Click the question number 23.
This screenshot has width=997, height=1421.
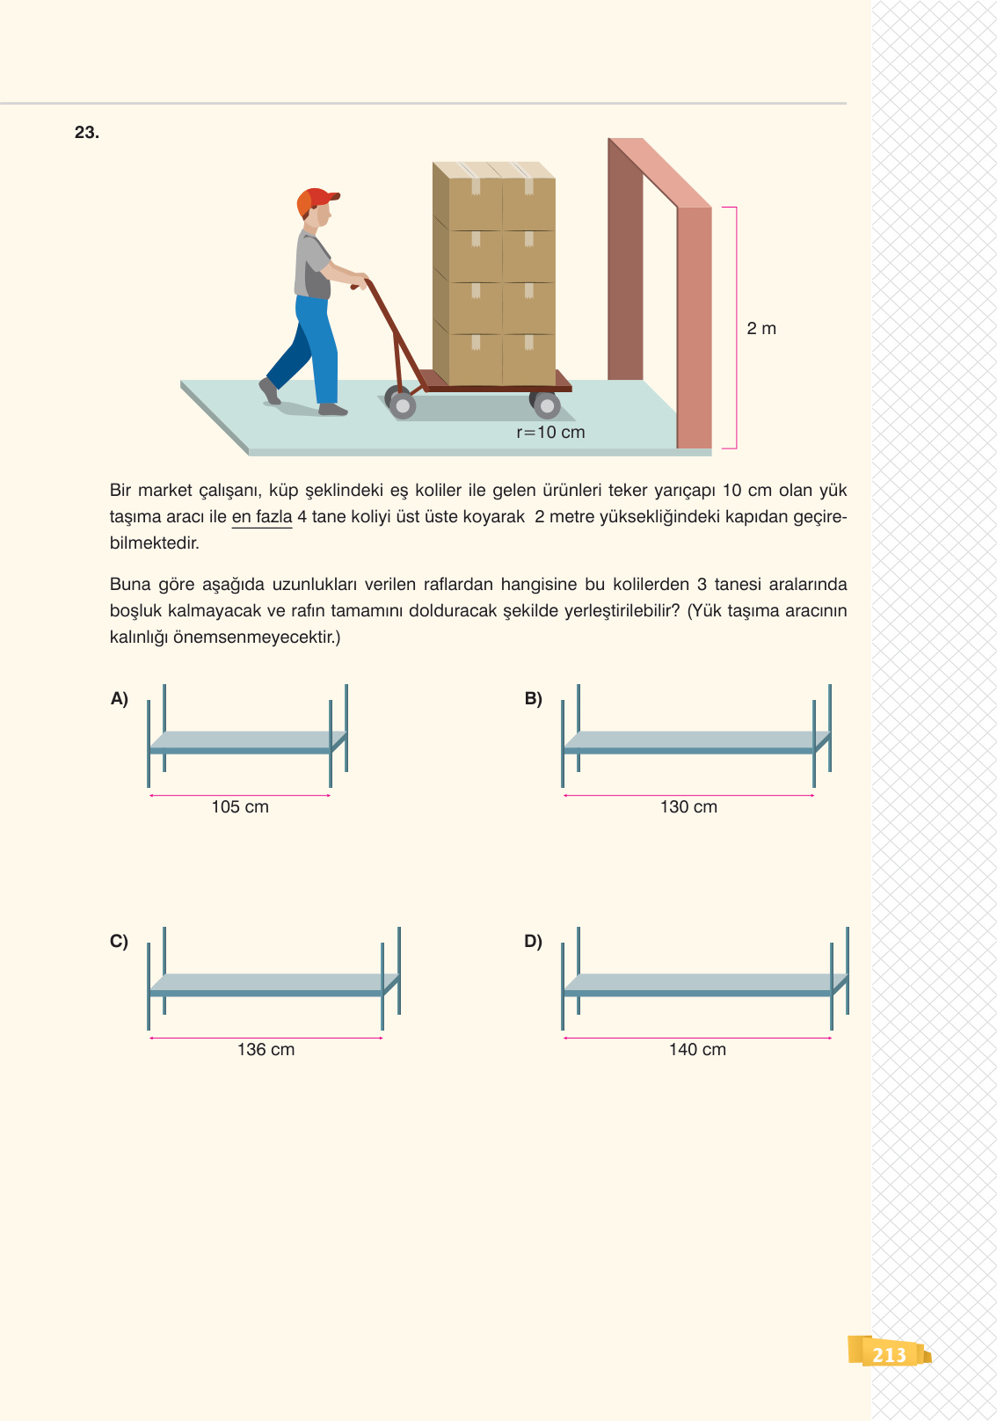[87, 132]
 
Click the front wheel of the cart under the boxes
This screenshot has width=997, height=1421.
[545, 404]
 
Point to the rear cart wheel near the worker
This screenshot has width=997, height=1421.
[401, 404]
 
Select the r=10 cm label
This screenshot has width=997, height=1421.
[550, 432]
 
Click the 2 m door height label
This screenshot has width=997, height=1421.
[761, 328]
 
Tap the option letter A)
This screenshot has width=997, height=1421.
[120, 698]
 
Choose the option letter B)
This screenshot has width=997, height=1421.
[533, 698]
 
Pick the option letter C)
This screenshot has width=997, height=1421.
[119, 941]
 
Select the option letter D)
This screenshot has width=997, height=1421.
[533, 941]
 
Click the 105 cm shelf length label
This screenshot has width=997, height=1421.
[240, 807]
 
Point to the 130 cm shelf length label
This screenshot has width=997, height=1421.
[688, 807]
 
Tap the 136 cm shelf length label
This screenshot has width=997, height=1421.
[266, 1049]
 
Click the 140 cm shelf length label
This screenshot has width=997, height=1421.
[697, 1049]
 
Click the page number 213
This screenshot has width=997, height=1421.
[889, 1355]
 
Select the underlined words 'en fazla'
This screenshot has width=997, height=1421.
[262, 517]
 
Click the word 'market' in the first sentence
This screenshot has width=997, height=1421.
[164, 491]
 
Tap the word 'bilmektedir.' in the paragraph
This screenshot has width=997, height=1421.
[154, 543]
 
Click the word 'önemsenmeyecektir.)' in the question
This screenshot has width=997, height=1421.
[256, 637]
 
